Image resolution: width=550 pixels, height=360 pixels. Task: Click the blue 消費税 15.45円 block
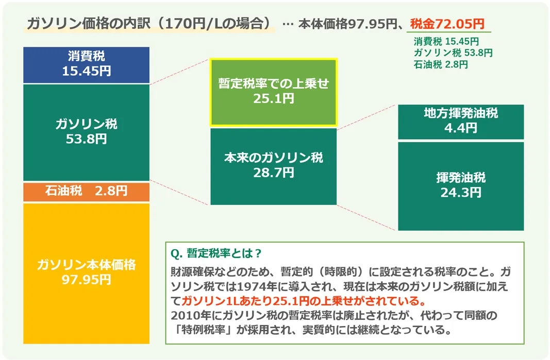[x=86, y=65]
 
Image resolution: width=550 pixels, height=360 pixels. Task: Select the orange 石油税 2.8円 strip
[x=86, y=192]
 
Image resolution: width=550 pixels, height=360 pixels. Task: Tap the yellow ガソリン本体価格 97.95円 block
[x=86, y=273]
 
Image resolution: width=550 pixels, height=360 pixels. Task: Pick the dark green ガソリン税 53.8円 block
[x=86, y=132]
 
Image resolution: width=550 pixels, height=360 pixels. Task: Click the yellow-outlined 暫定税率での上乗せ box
[x=274, y=92]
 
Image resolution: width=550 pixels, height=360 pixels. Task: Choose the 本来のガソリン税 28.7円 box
[x=274, y=166]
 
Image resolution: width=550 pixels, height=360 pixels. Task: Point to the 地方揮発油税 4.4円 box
[x=461, y=122]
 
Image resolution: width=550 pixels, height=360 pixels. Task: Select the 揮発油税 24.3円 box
[x=461, y=186]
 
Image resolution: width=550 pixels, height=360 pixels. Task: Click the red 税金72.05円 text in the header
[x=447, y=24]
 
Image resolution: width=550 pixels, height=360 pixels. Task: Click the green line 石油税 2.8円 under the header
[x=441, y=64]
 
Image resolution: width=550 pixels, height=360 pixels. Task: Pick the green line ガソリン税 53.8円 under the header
[x=453, y=53]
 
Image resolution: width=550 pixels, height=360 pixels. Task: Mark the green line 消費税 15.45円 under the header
[x=446, y=41]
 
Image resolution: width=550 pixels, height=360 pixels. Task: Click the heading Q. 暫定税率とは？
[x=216, y=253]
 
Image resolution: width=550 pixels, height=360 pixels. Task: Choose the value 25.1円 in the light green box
[x=274, y=98]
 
